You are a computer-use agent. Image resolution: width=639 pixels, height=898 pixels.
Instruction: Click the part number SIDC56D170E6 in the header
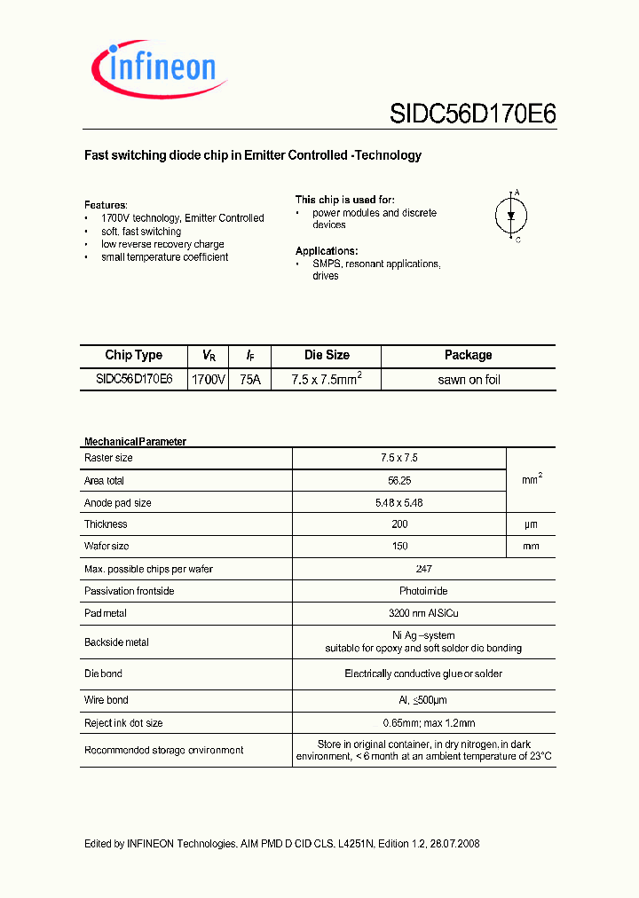coord(472,114)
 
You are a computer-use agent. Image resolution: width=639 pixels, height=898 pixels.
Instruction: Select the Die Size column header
coord(327,355)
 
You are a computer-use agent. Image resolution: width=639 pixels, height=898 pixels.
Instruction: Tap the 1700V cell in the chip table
coord(209,379)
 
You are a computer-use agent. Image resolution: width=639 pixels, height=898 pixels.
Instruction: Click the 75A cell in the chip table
coord(251,379)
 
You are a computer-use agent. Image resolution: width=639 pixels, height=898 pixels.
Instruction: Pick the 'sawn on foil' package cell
coord(469,379)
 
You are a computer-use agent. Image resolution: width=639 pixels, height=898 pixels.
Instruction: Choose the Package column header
coord(468,355)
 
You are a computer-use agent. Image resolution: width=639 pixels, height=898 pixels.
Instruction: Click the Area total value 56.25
coord(399,480)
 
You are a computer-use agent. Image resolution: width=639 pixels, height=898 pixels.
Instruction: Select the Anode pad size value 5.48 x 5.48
coord(399,502)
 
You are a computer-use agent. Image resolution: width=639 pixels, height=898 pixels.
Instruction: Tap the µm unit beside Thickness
coord(531,524)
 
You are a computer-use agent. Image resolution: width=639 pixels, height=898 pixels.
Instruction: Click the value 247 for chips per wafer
coord(399,569)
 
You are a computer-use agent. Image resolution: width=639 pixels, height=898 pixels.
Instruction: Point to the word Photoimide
coord(399,591)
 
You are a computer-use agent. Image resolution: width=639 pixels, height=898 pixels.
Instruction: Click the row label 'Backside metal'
coord(116,642)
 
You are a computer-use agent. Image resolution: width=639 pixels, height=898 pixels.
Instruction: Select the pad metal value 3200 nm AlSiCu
coord(399,613)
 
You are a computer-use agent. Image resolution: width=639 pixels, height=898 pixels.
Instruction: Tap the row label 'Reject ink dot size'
coord(123,723)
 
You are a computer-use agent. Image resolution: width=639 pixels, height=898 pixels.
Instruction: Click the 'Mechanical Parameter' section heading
coord(135,441)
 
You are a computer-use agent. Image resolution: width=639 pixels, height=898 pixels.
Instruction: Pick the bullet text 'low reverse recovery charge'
coord(162,244)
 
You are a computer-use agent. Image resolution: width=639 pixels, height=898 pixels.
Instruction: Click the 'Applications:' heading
coord(327,251)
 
